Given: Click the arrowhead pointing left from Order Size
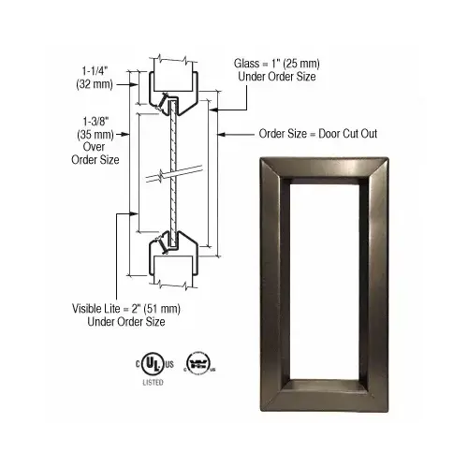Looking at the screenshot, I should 222,134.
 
